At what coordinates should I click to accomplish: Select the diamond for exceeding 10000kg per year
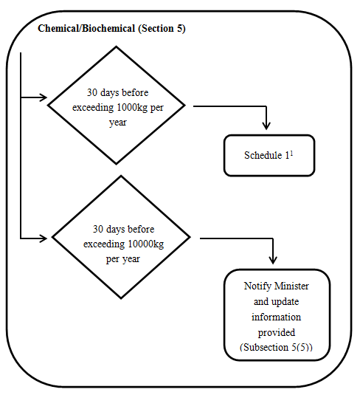(121, 238)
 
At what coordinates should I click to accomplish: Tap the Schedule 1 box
(269, 156)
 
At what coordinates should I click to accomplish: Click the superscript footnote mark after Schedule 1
(291, 153)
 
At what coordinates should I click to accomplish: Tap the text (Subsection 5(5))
(276, 346)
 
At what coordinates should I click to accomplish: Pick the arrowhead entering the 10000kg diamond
(44, 238)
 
